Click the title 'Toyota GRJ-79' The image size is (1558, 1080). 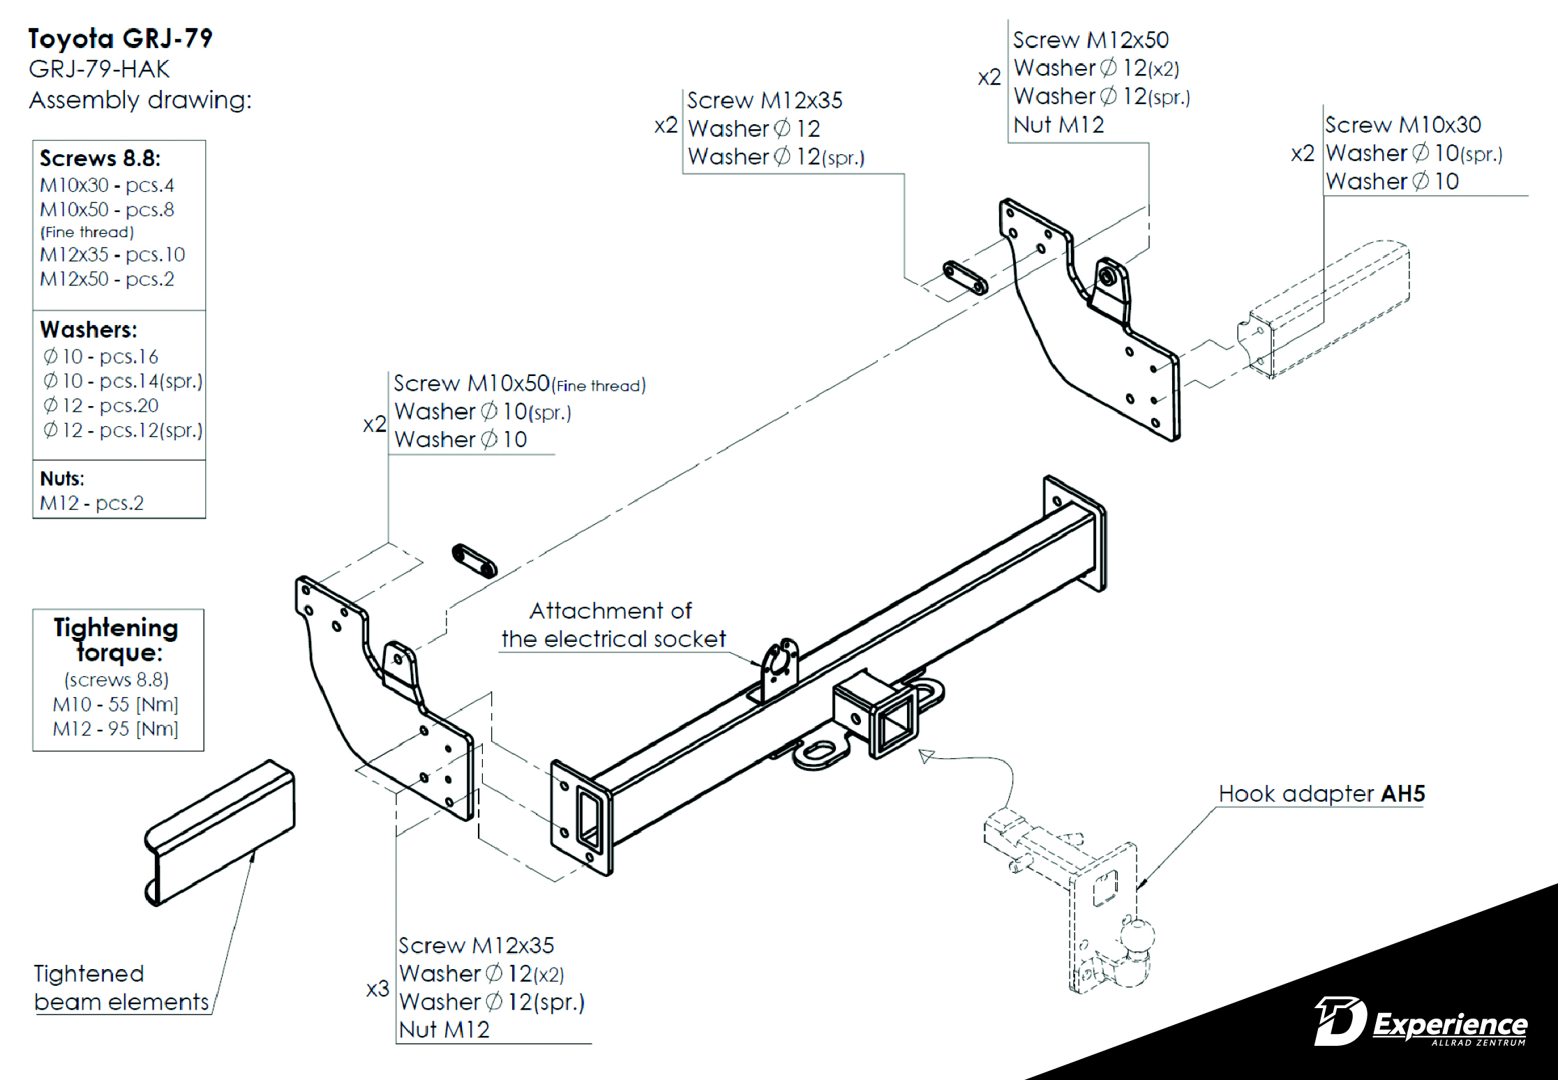pos(120,38)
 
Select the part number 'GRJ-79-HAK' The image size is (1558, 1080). pos(99,69)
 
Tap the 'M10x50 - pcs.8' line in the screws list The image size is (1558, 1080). pos(107,209)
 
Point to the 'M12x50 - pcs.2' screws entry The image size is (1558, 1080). pos(107,279)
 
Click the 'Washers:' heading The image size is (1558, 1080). pos(89,329)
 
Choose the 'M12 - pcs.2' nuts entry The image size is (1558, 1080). pos(91,503)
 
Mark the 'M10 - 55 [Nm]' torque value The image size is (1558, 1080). pos(115,705)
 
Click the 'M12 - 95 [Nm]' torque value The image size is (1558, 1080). pos(115,729)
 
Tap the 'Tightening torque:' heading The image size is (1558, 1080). pos(117,639)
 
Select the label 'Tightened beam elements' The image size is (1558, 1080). pos(121,988)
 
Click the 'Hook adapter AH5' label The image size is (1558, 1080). pos(1321,794)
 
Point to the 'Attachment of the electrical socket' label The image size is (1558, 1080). pos(613,625)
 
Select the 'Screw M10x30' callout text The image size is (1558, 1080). pos(1402,125)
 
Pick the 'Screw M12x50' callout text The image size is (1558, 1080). pos(1091,40)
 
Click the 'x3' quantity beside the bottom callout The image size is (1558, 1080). pos(377,989)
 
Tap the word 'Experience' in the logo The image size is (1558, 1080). pos(1450,1024)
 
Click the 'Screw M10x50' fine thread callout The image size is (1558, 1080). pos(519,384)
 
